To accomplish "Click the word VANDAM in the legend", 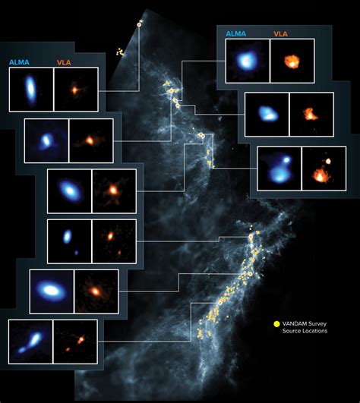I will [297, 323].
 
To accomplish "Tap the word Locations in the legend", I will [312, 332].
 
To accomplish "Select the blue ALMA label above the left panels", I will [19, 61].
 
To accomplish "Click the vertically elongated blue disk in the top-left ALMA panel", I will [30, 89].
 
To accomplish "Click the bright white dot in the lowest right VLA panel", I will [329, 161].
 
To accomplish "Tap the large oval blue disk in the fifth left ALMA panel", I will [52, 289].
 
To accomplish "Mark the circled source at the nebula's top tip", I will [139, 24].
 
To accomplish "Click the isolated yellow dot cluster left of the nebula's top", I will [119, 52].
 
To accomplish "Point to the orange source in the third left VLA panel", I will [113, 189].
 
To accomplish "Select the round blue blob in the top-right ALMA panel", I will [247, 61].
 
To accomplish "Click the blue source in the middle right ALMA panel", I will [268, 114].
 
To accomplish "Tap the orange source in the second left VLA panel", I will [90, 140].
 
